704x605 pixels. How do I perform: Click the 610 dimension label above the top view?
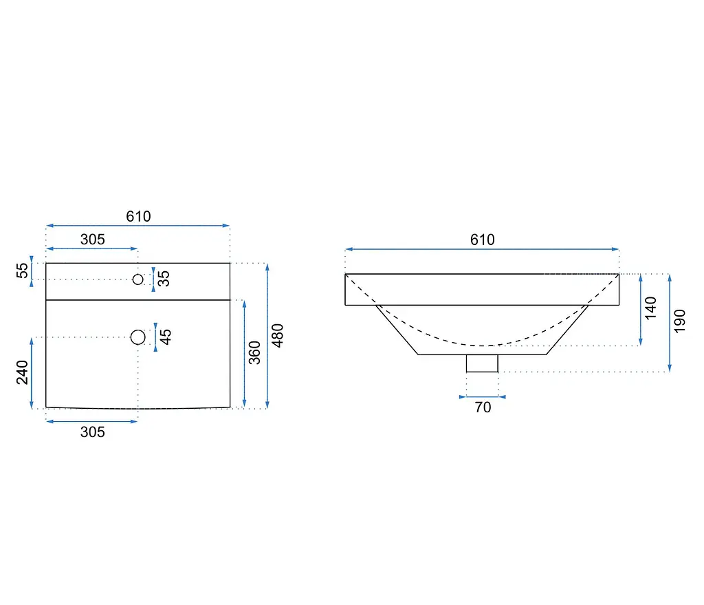click(x=138, y=217)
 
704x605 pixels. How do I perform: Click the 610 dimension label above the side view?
click(x=482, y=240)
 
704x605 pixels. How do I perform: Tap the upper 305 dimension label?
click(x=93, y=240)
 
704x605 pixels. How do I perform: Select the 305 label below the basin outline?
click(x=93, y=432)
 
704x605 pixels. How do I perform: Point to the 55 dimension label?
click(x=22, y=270)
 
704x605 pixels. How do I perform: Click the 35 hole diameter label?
click(x=164, y=279)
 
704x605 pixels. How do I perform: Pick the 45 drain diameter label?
click(x=166, y=337)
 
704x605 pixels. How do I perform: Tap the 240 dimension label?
click(x=22, y=372)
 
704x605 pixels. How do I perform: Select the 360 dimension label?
click(x=254, y=353)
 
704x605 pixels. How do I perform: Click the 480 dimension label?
click(x=278, y=336)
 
